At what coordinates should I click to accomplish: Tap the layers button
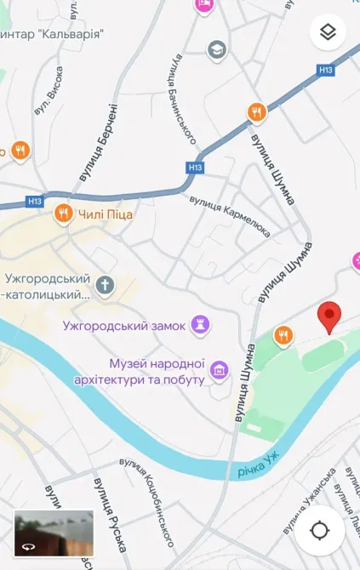[329, 33]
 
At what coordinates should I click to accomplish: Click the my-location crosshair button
[320, 531]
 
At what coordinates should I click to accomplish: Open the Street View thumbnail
[54, 533]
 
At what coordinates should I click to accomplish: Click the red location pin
[329, 316]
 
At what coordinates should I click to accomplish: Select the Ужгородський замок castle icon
[201, 323]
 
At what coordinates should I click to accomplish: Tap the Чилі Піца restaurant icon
[62, 214]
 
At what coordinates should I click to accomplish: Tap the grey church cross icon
[105, 284]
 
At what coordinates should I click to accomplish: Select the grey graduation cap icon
[217, 49]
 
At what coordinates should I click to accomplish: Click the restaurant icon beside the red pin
[284, 335]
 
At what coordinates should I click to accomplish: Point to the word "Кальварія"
[72, 34]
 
